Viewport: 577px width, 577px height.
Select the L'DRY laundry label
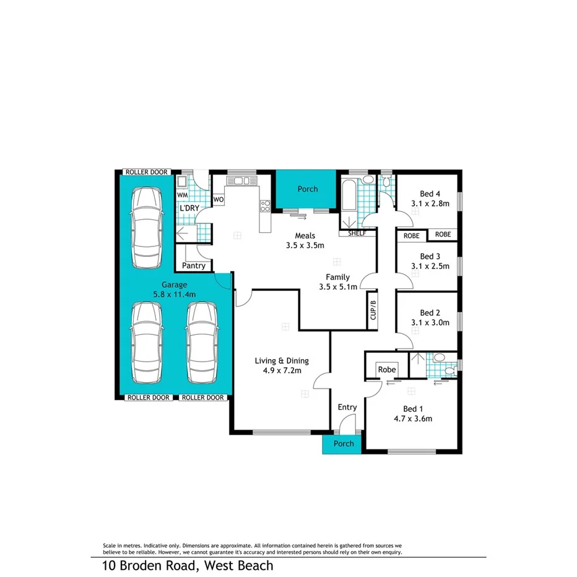189,208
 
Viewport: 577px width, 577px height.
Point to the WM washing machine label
182,195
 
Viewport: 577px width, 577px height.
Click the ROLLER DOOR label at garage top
146,172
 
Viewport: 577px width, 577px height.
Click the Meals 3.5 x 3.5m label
305,240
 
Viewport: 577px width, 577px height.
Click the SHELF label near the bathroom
357,233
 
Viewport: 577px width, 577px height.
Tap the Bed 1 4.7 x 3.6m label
413,414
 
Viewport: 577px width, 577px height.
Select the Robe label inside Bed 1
387,370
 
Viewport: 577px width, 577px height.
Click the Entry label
347,407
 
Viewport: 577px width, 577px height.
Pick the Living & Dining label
282,366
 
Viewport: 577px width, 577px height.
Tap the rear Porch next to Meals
307,189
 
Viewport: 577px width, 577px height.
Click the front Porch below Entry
344,443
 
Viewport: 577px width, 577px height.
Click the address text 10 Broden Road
188,565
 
